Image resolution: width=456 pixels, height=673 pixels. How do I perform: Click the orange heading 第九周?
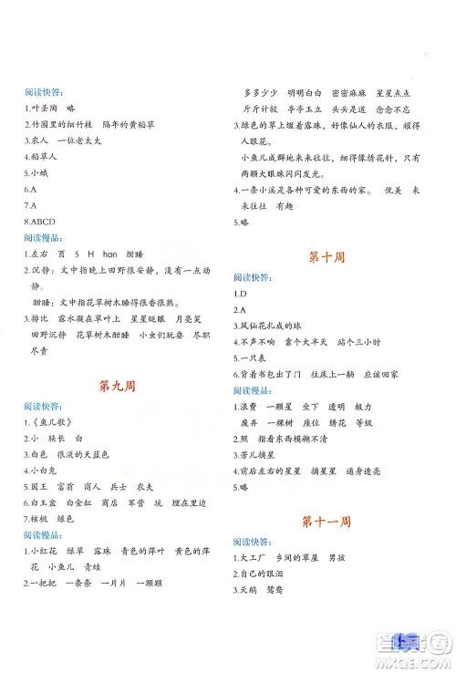click(116, 385)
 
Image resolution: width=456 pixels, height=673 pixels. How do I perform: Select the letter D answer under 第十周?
click(244, 295)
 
